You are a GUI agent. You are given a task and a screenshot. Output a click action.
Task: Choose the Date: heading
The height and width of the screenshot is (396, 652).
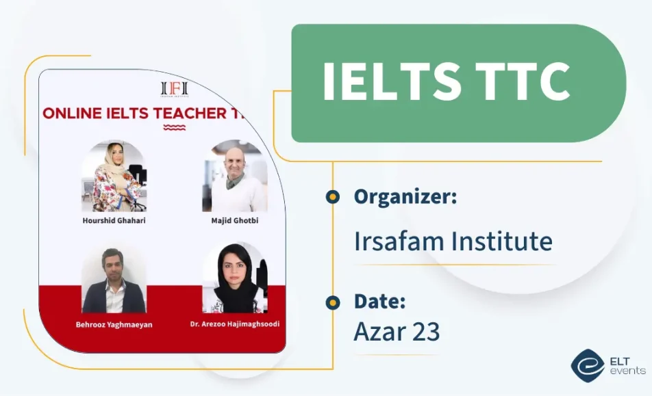380,301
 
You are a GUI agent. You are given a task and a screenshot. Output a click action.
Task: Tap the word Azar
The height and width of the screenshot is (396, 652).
378,331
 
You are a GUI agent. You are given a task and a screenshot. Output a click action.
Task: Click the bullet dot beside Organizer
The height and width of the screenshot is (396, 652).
333,197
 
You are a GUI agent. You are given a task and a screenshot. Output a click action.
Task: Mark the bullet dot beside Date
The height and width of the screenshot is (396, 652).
333,302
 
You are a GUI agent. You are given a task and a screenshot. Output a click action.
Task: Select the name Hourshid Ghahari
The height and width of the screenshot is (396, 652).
114,221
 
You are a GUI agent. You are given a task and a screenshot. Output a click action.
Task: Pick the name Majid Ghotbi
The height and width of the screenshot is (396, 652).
235,221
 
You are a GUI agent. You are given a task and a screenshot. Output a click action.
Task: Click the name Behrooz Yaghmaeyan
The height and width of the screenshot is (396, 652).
114,324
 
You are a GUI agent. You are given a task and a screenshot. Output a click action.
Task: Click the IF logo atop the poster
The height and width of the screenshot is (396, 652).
174,88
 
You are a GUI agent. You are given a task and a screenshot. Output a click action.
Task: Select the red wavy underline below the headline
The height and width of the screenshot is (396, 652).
174,127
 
